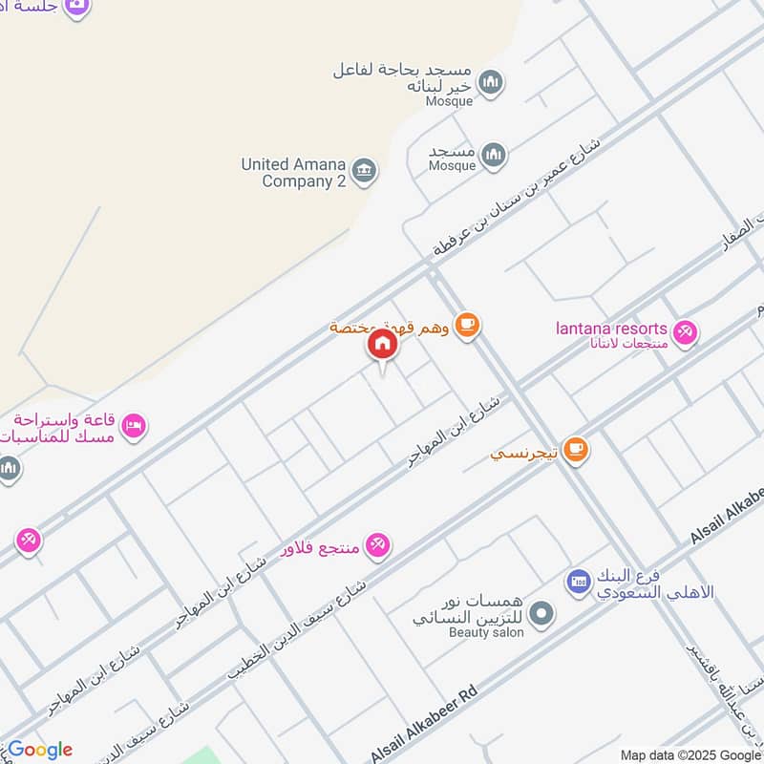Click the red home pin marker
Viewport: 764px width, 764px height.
click(382, 344)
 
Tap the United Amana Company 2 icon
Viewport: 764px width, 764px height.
click(363, 172)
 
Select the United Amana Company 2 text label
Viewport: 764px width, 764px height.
click(293, 172)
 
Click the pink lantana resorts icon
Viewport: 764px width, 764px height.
click(684, 333)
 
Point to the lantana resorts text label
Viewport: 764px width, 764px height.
click(611, 329)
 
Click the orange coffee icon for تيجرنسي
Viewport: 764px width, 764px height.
click(575, 448)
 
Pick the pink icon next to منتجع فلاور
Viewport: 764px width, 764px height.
click(379, 545)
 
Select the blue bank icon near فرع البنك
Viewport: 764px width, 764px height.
click(577, 581)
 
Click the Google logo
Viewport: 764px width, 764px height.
click(39, 749)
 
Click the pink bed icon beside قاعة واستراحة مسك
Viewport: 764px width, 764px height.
click(134, 425)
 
